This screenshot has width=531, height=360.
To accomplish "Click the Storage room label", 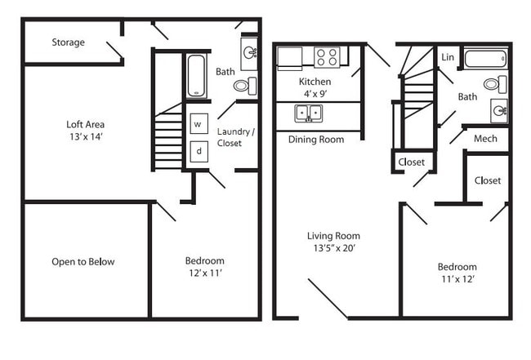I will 69,42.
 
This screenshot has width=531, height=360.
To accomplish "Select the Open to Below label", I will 83,262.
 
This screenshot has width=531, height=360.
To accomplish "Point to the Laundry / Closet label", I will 235,137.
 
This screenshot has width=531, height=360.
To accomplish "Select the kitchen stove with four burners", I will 327,57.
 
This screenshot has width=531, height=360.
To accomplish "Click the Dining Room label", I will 316,140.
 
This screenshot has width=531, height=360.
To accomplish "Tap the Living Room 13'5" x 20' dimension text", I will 330,247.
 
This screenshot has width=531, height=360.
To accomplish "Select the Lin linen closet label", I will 447,57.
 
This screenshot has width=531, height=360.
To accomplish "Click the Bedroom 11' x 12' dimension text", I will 457,279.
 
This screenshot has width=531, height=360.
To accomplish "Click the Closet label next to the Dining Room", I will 411,162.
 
